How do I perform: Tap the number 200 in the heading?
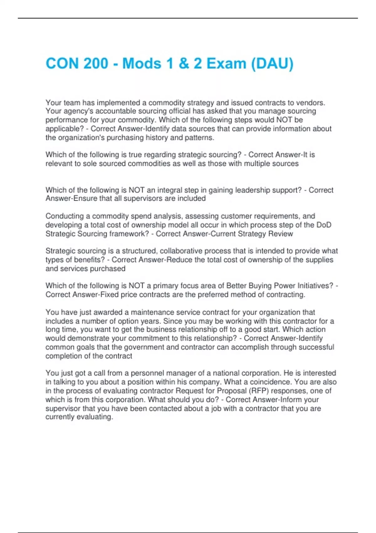96,64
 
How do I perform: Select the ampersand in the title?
184,64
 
